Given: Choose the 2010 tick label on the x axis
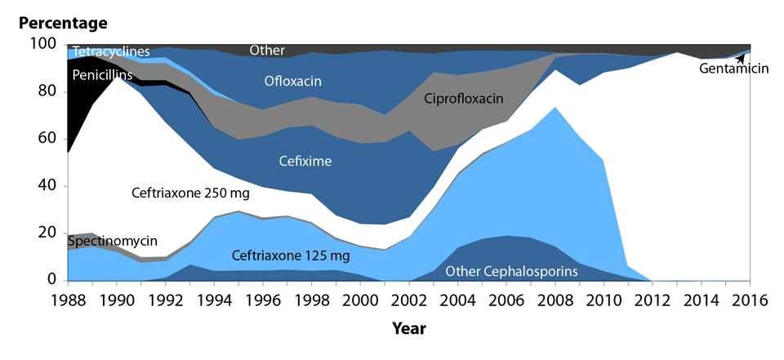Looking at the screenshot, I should pyautogui.click(x=605, y=300).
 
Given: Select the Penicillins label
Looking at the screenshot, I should pyautogui.click(x=101, y=75).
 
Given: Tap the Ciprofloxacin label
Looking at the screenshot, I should pyautogui.click(x=463, y=99).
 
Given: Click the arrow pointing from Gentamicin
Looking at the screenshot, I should pyautogui.click(x=741, y=58).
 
